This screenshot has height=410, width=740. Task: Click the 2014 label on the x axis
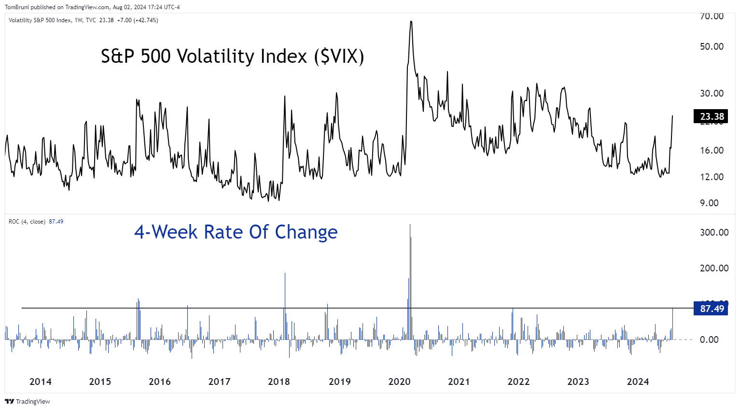(x=41, y=382)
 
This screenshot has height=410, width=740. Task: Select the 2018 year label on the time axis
(x=279, y=382)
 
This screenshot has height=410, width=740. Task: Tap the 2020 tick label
(x=399, y=382)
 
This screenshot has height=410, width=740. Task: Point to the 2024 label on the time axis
(x=638, y=382)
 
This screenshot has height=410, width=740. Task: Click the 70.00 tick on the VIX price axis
(x=712, y=16)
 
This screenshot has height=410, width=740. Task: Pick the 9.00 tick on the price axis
(x=709, y=203)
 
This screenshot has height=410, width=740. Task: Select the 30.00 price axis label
(x=712, y=93)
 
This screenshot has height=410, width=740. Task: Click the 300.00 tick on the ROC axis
(x=714, y=232)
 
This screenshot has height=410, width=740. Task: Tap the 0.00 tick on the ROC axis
(x=709, y=339)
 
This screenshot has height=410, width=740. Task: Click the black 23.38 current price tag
(x=712, y=116)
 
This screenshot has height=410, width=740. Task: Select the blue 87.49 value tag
(x=712, y=309)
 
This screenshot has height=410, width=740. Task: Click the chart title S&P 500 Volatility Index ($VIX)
(x=232, y=57)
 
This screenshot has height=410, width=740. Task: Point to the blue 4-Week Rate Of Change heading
(x=236, y=232)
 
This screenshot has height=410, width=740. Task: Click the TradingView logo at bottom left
(x=28, y=401)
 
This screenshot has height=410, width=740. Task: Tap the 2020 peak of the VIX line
(x=411, y=22)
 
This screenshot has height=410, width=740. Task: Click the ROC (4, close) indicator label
(x=27, y=222)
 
